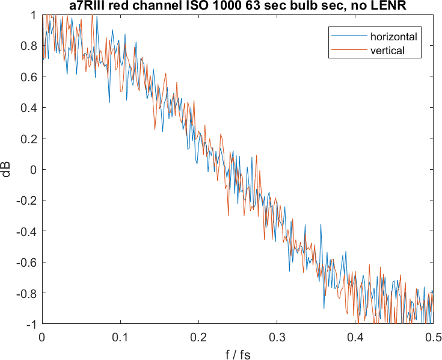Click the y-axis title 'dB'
pyautogui.click(x=7, y=170)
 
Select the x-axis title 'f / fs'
pyautogui.click(x=238, y=354)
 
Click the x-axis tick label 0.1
pyautogui.click(x=120, y=338)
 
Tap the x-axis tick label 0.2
pyautogui.click(x=198, y=338)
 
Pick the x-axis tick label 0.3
pyautogui.click(x=277, y=338)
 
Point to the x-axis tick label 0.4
pyautogui.click(x=355, y=338)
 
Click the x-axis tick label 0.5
pyautogui.click(x=432, y=338)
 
